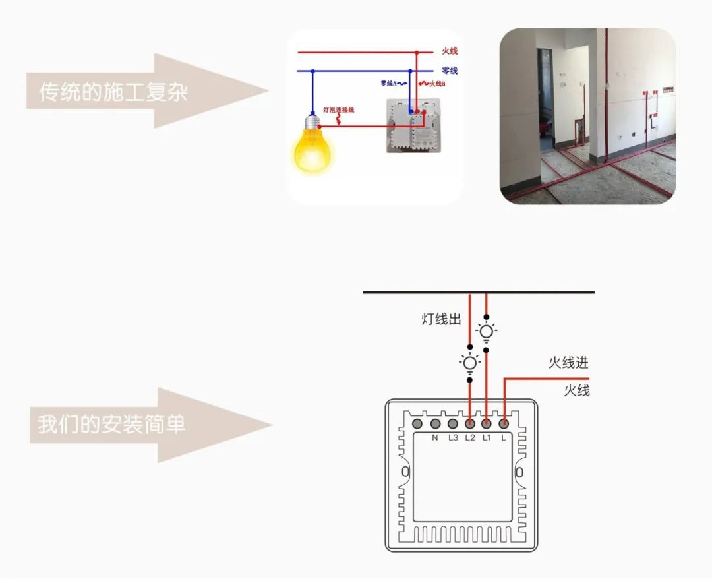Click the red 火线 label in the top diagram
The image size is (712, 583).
coord(449,51)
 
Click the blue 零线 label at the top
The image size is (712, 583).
coord(449,71)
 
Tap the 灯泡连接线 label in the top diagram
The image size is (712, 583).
coord(338,109)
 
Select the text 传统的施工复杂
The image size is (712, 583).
coord(113,92)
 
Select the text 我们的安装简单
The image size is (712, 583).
coord(111,425)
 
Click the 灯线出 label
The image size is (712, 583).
coord(441,320)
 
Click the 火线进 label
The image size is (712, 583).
coord(568,363)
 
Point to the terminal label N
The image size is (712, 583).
coord(435,438)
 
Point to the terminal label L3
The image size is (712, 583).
coord(453,438)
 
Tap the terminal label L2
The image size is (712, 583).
coord(470,438)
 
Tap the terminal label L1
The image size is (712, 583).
coord(487,438)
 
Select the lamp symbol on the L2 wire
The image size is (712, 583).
coord(469,363)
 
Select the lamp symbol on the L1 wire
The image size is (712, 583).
coord(487,332)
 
